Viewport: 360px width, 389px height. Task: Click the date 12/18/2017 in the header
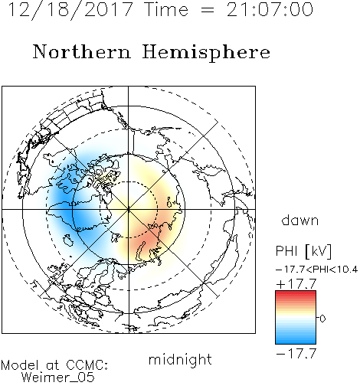(70, 10)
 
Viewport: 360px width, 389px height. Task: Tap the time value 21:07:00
(270, 10)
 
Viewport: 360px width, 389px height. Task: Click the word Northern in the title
(82, 51)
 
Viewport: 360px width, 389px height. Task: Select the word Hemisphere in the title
(206, 52)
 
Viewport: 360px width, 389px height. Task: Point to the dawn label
(300, 220)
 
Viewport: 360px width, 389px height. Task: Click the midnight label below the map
(180, 360)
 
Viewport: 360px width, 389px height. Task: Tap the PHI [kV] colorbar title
(303, 251)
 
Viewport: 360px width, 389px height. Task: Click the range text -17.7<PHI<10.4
(316, 270)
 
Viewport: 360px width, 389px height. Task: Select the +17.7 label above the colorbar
(296, 284)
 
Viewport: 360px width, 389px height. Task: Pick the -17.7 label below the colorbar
(296, 354)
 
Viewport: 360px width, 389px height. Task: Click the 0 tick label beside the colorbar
(322, 319)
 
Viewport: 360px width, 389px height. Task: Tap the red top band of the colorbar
(296, 293)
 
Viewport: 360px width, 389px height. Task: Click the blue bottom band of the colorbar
(296, 341)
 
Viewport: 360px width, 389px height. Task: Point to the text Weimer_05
(58, 377)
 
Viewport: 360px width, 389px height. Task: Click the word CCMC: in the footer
(87, 365)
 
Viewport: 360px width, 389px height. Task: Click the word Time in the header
(166, 10)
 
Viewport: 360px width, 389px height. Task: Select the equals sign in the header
(208, 10)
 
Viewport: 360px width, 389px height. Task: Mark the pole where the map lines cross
(128, 209)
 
